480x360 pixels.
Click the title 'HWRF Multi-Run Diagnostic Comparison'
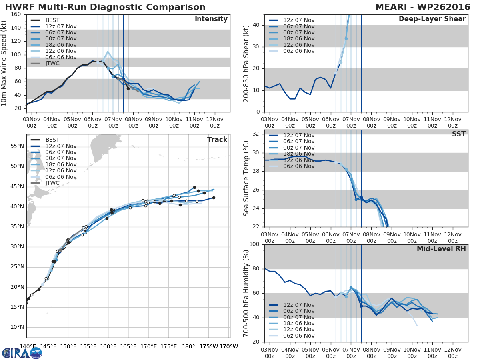[105, 7]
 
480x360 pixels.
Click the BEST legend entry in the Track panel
[52, 140]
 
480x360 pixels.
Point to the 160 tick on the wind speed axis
[16, 14]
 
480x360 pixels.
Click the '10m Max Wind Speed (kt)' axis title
[4, 63]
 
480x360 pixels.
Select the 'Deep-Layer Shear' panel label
[432, 19]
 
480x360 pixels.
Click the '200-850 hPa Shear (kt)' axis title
[246, 63]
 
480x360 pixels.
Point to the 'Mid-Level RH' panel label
[441, 249]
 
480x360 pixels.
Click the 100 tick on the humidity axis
[255, 244]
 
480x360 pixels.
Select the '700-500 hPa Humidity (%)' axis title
[246, 293]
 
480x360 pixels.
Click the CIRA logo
[22, 353]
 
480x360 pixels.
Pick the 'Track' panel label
[217, 140]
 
